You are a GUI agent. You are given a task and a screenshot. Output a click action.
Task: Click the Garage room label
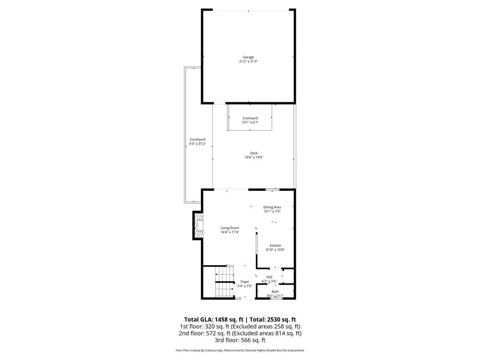248,57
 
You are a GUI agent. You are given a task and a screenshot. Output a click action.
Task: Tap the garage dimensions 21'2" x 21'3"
248,61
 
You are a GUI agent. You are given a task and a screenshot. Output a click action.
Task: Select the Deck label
254,153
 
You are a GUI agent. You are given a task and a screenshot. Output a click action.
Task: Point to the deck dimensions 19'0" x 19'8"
254,157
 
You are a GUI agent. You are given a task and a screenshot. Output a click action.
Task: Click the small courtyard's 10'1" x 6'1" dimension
250,122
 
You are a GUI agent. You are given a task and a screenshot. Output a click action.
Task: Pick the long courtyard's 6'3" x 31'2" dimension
197,144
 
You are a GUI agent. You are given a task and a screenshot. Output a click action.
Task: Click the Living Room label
230,228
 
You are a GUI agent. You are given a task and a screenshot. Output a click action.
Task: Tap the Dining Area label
272,207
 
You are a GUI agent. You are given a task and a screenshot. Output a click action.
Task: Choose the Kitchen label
275,246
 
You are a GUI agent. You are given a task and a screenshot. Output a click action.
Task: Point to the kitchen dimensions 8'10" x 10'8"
275,250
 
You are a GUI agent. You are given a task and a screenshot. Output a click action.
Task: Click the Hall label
269,277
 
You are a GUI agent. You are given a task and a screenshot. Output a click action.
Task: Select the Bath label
275,292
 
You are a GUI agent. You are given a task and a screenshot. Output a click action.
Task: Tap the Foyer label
245,282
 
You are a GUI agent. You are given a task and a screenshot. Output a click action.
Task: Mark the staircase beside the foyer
225,281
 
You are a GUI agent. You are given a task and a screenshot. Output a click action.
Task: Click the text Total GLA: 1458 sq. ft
214,319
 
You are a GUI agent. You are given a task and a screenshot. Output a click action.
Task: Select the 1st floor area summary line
240,326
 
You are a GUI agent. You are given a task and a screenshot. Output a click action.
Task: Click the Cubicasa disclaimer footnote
240,350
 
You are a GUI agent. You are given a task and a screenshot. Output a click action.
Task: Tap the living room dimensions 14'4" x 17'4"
230,232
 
